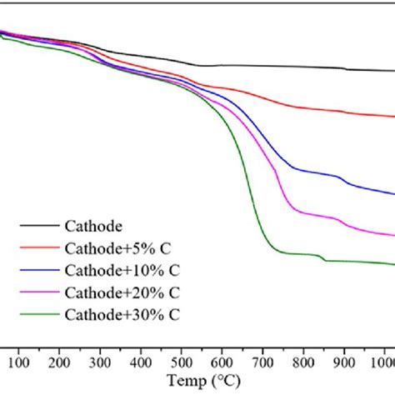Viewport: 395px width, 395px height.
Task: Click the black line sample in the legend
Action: tap(38, 225)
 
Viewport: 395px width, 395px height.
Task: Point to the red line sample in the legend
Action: tap(38, 247)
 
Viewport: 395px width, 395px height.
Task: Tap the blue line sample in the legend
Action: tap(38, 270)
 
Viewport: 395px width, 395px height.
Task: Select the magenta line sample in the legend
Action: tap(38, 292)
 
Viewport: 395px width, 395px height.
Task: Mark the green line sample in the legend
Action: tap(38, 314)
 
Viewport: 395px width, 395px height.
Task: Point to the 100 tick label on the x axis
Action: tap(19, 362)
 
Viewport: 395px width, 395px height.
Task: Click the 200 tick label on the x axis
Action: tap(60, 362)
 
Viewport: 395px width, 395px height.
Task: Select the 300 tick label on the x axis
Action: tap(100, 362)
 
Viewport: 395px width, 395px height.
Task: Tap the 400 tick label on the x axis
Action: tap(141, 362)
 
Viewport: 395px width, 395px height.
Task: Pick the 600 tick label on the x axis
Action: tap(222, 362)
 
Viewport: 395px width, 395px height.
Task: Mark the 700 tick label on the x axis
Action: tap(262, 362)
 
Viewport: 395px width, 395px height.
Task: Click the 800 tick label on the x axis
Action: tap(302, 362)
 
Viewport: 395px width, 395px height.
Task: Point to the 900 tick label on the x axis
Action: tap(343, 362)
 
